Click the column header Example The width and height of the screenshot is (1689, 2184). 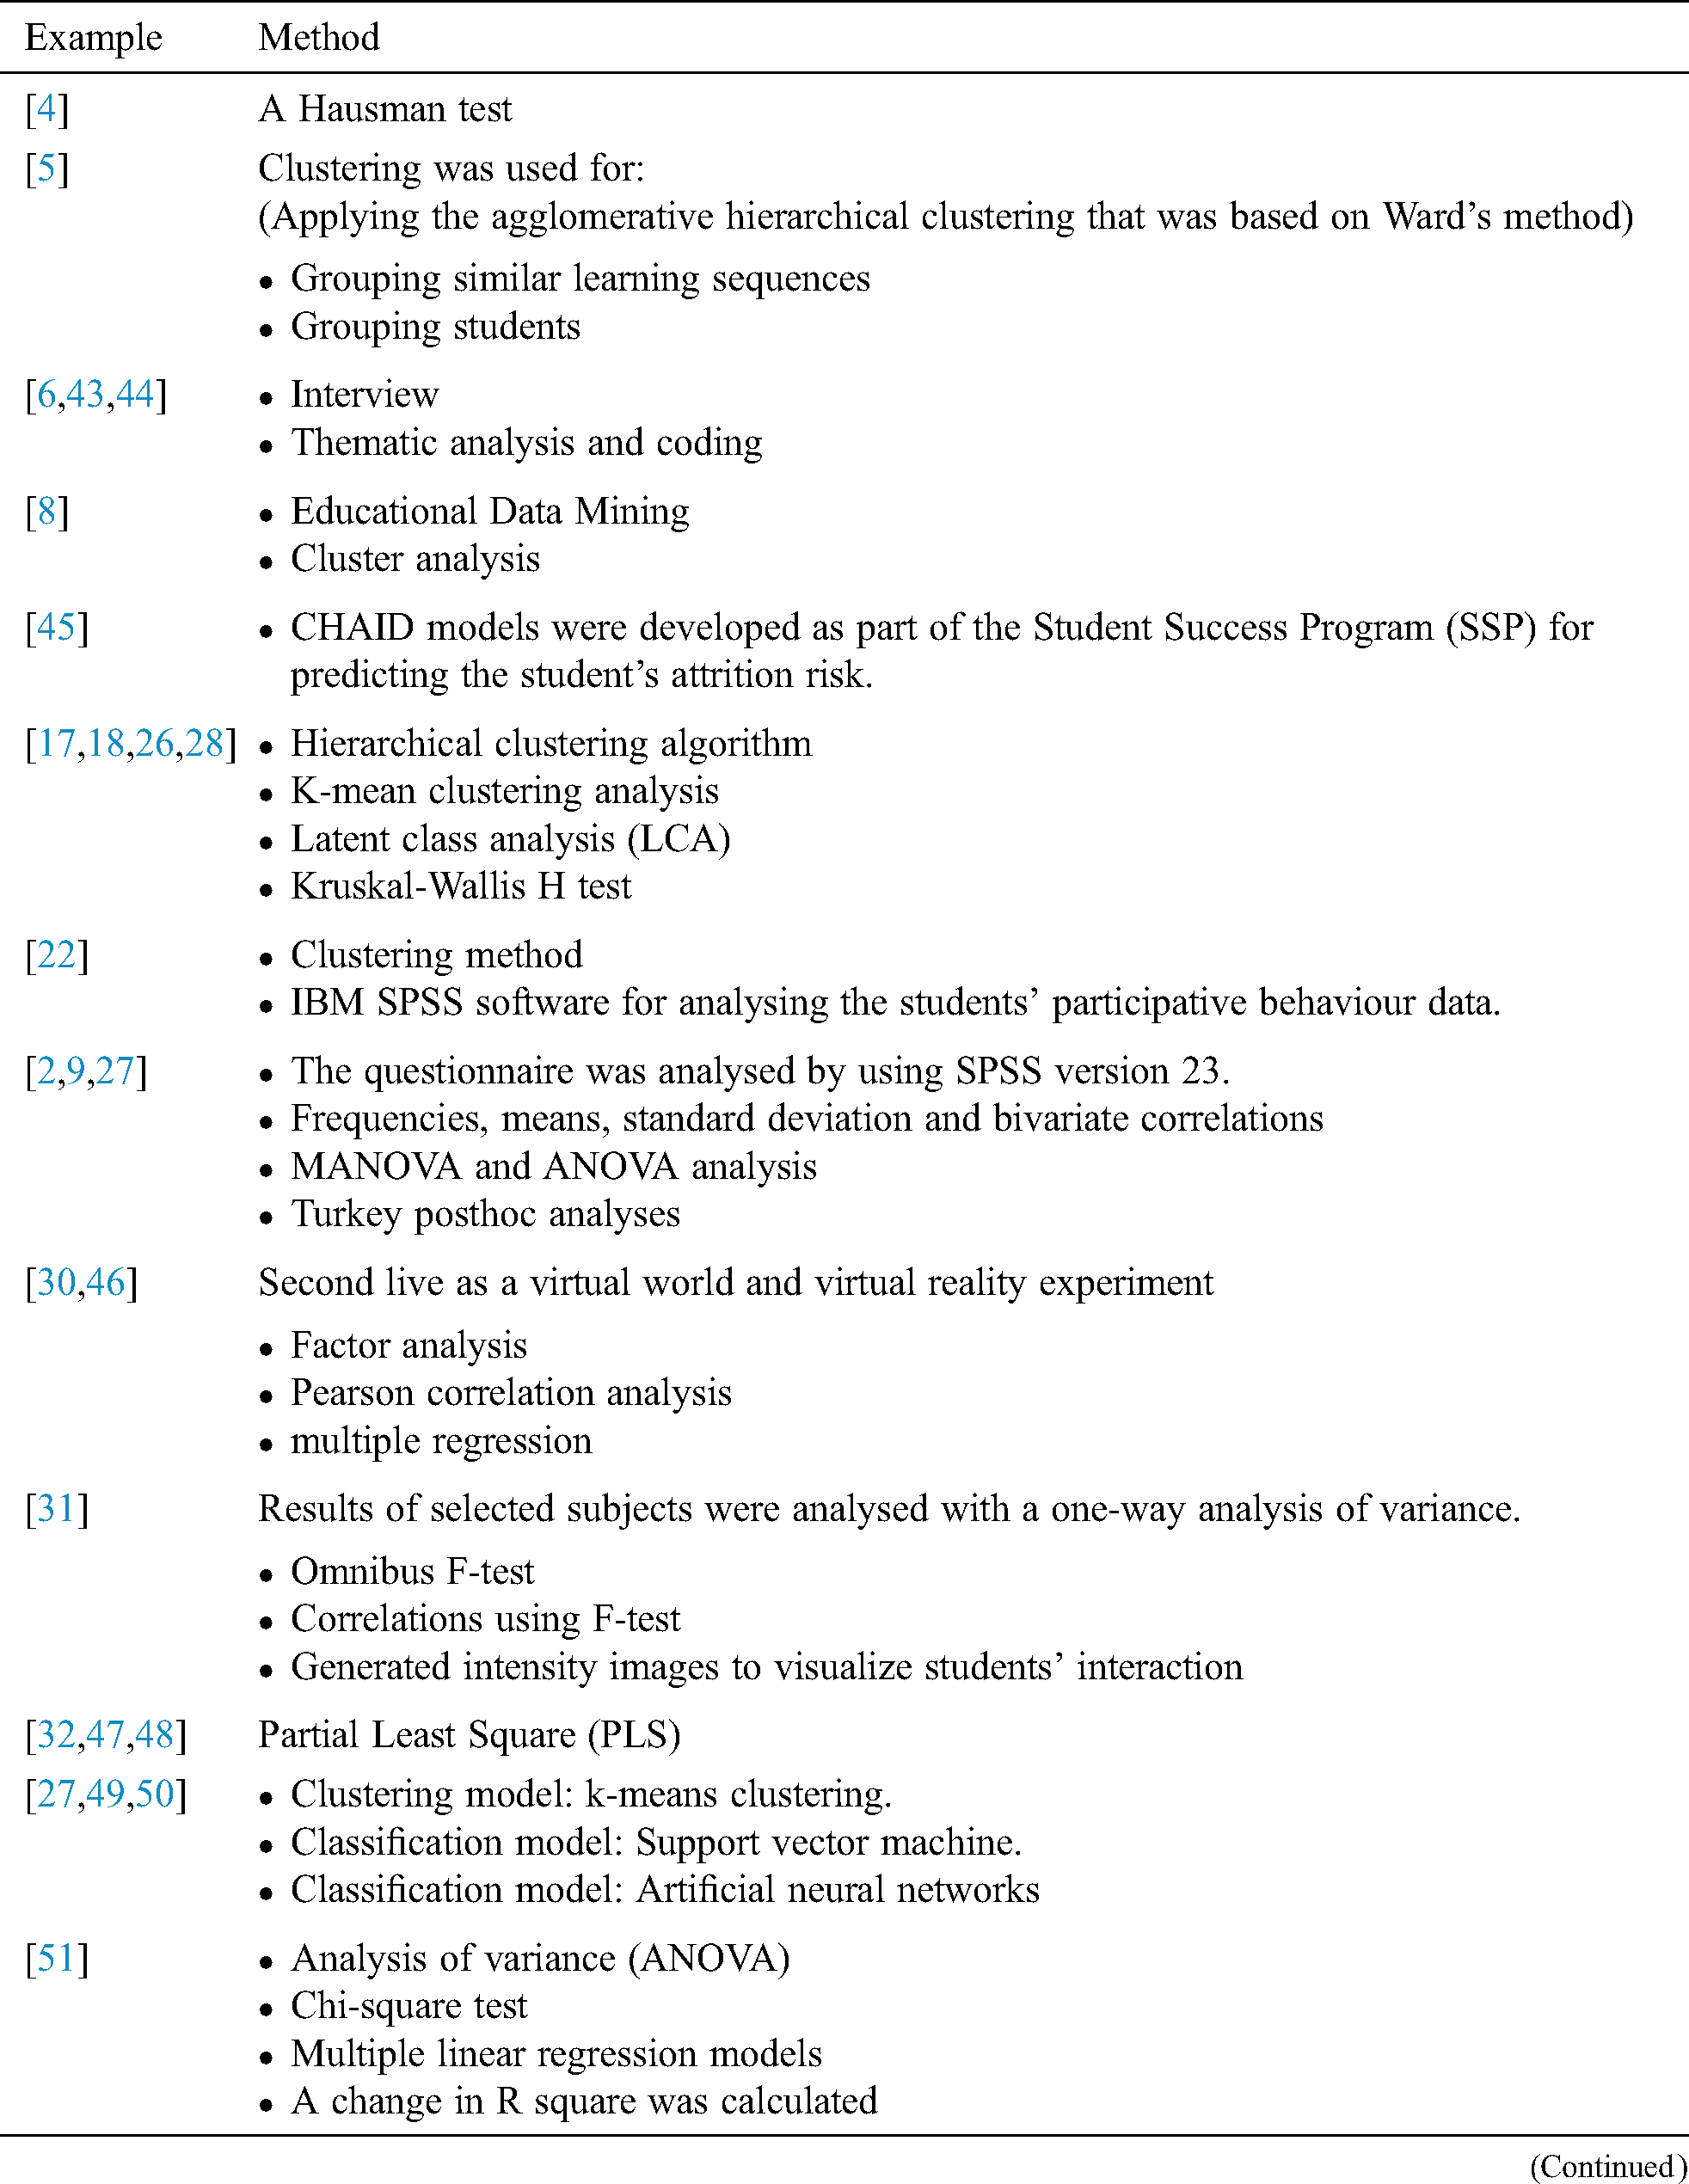[93, 38]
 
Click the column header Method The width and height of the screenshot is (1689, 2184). [319, 38]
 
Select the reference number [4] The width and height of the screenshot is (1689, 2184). [47, 109]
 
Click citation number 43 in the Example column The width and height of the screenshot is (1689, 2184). [86, 395]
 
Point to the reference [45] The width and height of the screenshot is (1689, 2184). [57, 627]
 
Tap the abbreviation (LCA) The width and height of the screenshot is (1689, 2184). [679, 839]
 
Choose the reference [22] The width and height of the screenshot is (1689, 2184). [57, 955]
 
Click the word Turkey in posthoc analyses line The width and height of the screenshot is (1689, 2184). [346, 1214]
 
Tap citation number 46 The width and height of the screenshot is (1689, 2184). [106, 1283]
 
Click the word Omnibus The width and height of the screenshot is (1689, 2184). [363, 1572]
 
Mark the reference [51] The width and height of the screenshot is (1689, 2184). [57, 1958]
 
